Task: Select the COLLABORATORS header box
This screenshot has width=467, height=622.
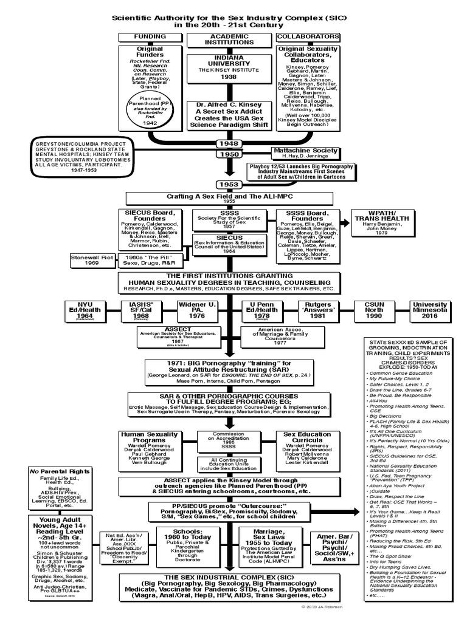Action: [299, 36]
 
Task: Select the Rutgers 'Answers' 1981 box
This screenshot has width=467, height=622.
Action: [316, 310]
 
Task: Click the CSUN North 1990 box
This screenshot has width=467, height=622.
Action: [374, 310]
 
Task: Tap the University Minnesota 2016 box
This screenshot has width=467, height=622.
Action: [430, 310]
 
